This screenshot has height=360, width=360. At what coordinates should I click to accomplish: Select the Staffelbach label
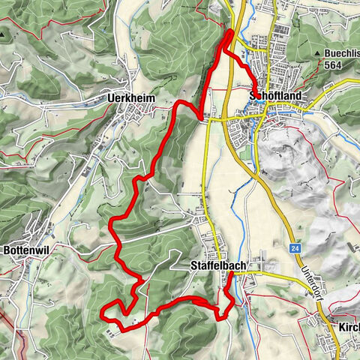[219, 265]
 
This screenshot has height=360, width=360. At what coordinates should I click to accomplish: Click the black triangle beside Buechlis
[318, 53]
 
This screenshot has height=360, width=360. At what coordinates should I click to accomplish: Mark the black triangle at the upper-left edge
[5, 34]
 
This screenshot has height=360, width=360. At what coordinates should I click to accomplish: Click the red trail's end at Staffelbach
[230, 274]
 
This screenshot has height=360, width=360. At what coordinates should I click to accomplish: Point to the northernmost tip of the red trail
[229, 31]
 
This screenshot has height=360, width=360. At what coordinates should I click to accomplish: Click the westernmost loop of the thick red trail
[104, 307]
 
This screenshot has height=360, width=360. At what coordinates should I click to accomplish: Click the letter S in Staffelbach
[193, 265]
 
